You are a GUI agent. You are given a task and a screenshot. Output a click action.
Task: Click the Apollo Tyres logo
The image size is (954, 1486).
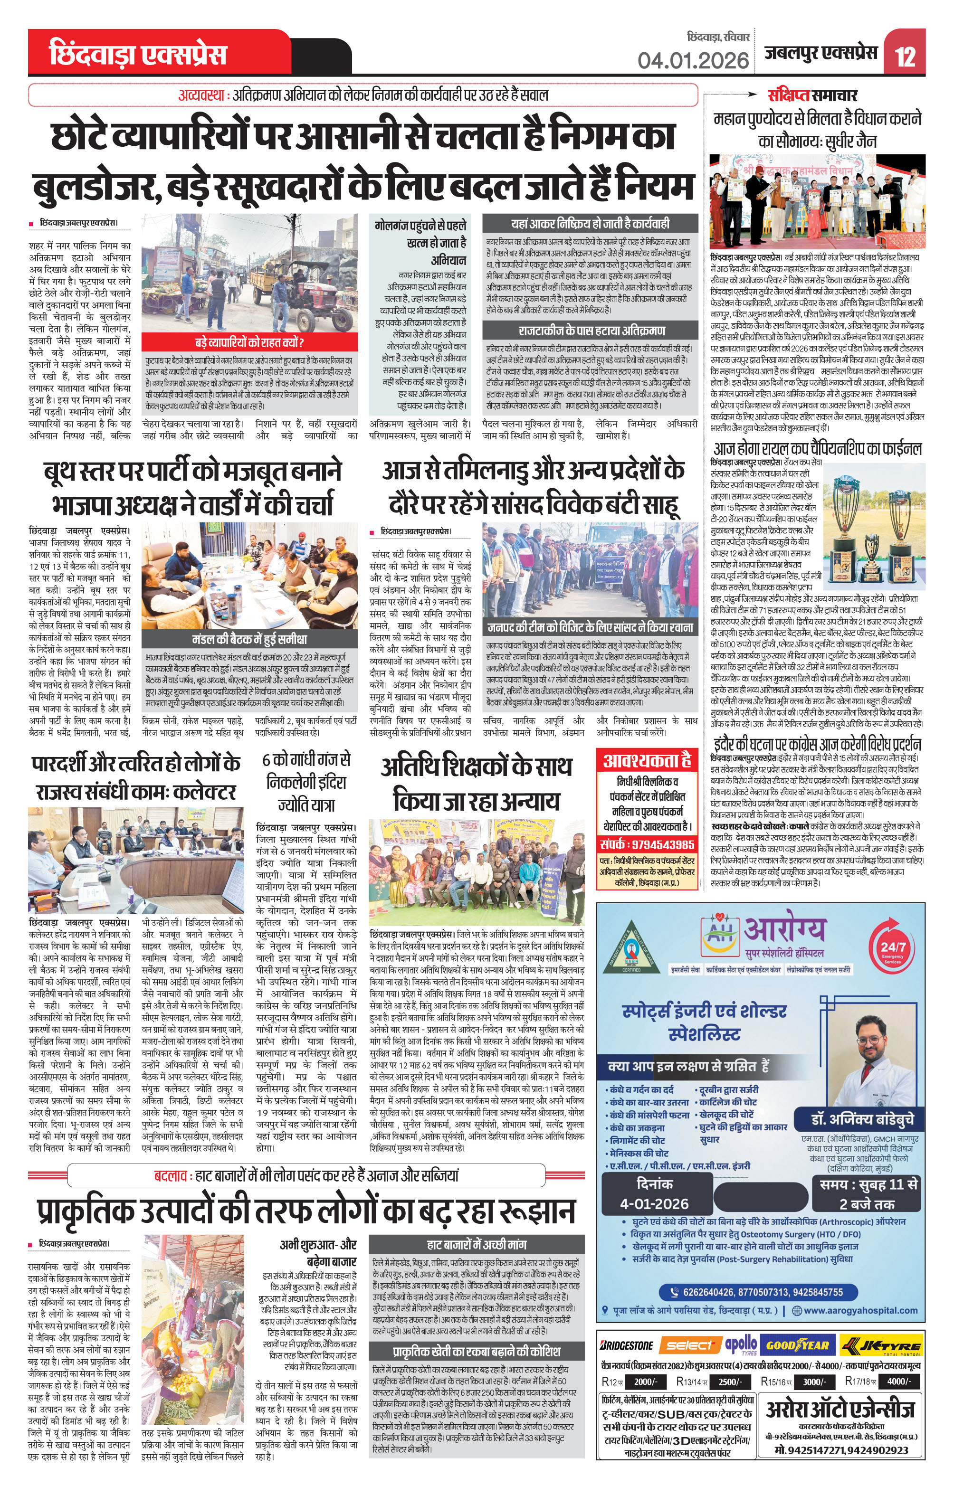click(742, 1344)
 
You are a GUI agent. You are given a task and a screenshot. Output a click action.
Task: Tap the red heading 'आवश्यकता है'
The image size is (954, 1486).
click(646, 760)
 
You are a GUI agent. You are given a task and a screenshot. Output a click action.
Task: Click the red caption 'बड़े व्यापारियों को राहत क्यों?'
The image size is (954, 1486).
click(249, 342)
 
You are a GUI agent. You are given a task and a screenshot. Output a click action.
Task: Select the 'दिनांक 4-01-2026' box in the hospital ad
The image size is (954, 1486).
click(654, 1194)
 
